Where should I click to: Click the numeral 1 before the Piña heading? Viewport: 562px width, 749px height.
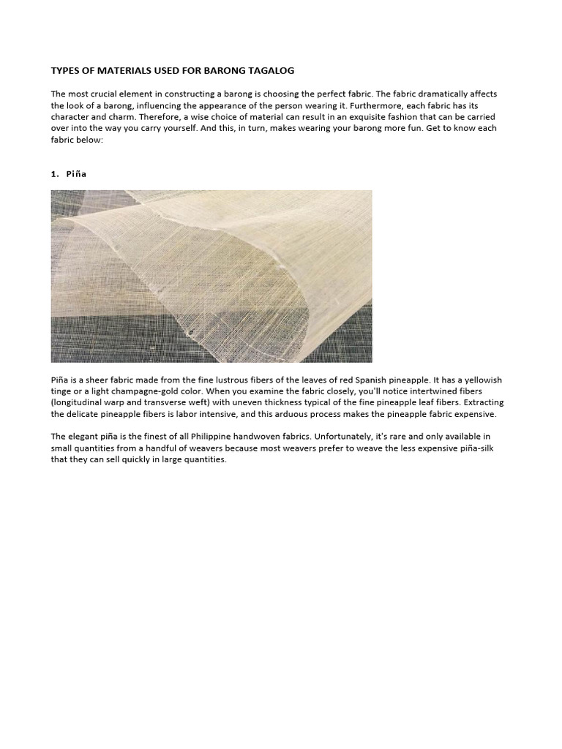pyautogui.click(x=53, y=174)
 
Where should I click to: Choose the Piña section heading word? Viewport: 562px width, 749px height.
pyautogui.click(x=77, y=174)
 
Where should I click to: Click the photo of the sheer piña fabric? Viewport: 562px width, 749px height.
pyautogui.click(x=211, y=276)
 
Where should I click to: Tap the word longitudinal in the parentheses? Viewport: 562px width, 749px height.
pyautogui.click(x=79, y=403)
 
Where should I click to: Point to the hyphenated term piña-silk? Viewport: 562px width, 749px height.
pyautogui.click(x=478, y=448)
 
